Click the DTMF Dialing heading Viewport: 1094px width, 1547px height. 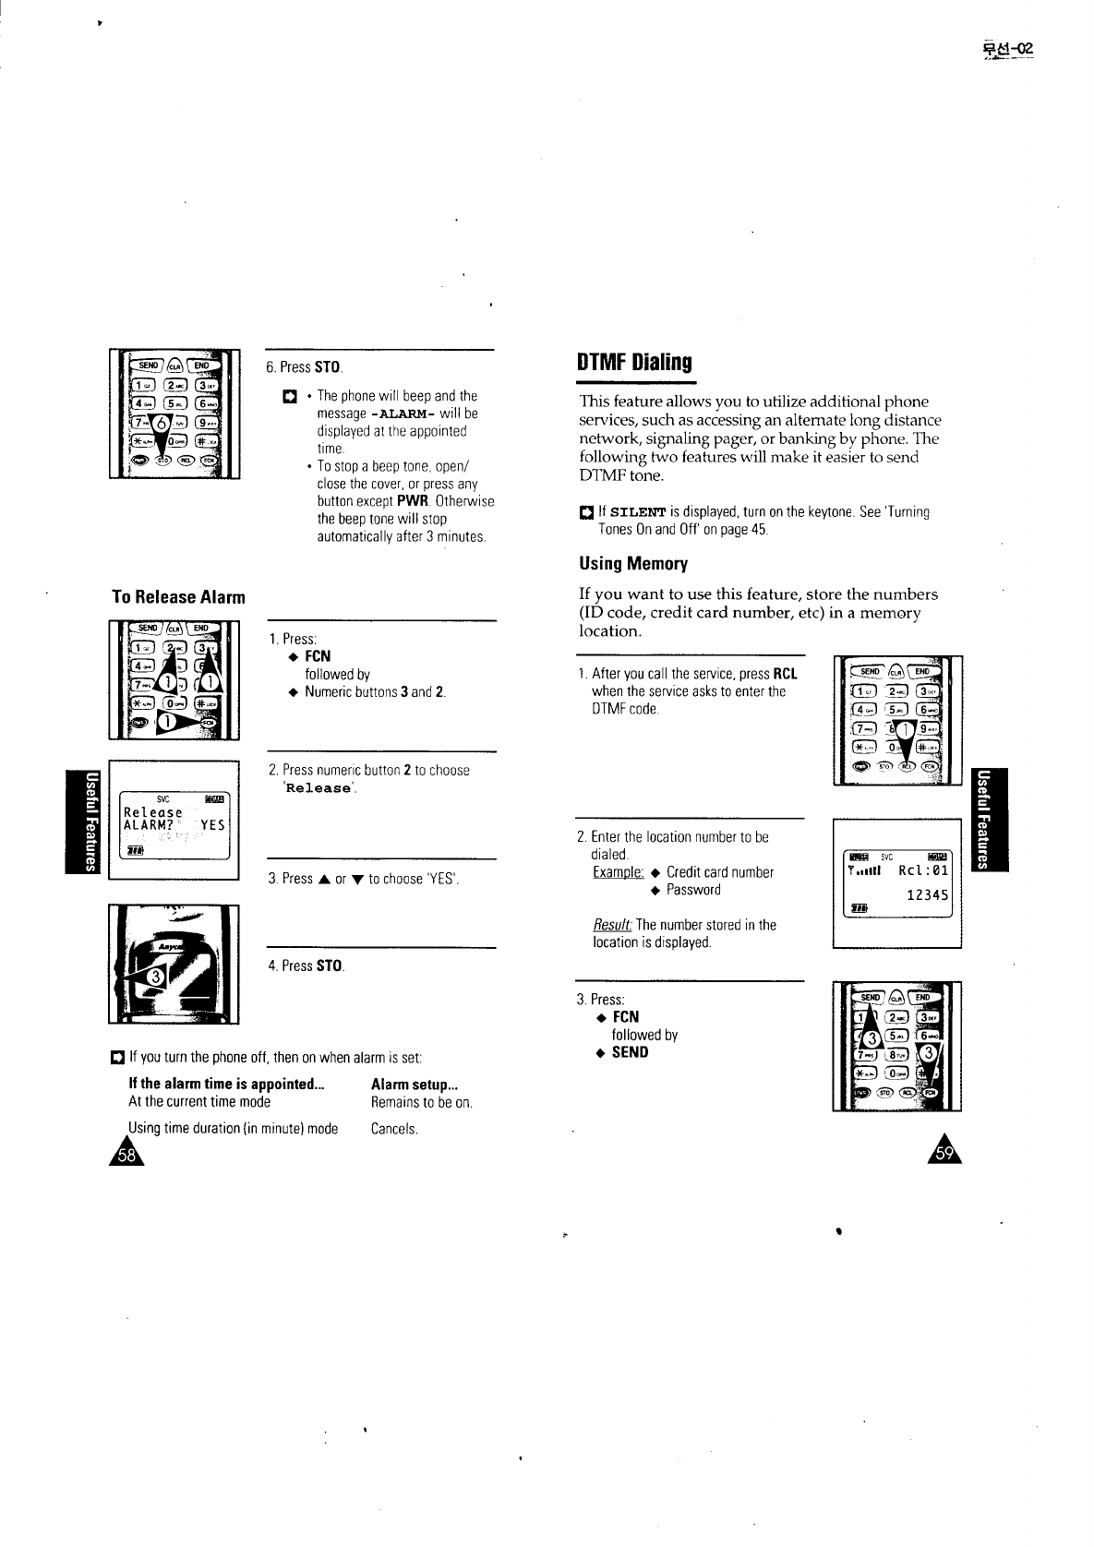tap(634, 362)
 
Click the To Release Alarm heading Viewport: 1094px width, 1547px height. tap(178, 597)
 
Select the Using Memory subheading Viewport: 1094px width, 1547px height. tap(633, 563)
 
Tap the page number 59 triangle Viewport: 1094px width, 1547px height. tap(944, 1153)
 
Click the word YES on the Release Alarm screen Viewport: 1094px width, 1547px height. tap(213, 825)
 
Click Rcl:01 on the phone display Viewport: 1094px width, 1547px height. tap(923, 869)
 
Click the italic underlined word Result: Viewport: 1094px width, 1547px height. tap(612, 925)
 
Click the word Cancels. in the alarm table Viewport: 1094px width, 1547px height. tap(394, 1129)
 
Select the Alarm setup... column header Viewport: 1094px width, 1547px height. tap(415, 1085)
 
